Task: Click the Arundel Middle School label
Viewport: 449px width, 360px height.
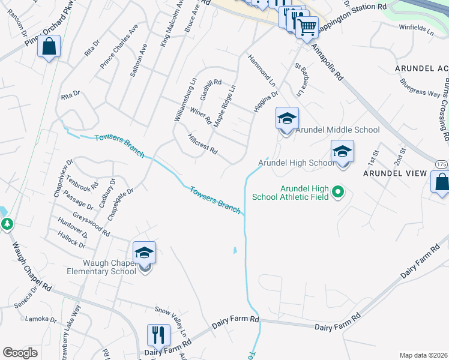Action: [336, 130]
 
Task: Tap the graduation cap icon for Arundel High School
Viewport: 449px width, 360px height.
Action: [342, 152]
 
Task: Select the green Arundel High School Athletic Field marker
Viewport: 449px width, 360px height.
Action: [337, 192]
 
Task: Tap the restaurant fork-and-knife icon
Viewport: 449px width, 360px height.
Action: [158, 335]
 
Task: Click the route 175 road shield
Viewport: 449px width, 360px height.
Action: [441, 164]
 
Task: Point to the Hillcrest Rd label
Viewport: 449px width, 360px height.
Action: [202, 144]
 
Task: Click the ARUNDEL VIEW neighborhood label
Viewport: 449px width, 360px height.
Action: [395, 173]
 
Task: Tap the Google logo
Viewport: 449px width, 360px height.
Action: [20, 353]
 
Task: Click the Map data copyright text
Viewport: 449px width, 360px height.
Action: [423, 355]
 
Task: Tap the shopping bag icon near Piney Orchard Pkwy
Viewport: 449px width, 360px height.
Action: [49, 46]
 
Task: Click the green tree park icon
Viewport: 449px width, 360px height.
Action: [7, 224]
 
